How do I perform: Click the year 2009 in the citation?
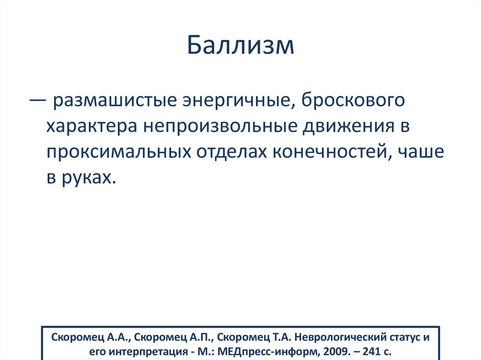333,351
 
